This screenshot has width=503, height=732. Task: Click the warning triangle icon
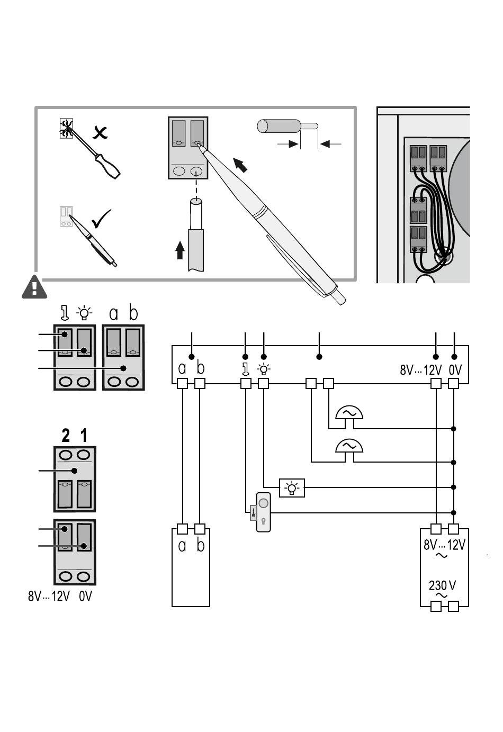[34, 287]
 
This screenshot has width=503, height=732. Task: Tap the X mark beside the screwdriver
[100, 132]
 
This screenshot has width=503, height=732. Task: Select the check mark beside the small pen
[101, 219]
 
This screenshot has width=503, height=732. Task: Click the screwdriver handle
[107, 166]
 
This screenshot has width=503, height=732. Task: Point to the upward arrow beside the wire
[180, 250]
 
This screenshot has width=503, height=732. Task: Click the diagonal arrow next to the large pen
[240, 165]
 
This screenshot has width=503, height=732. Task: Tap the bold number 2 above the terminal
[66, 436]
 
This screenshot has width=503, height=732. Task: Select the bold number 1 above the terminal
[84, 436]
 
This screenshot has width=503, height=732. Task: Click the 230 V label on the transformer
[442, 585]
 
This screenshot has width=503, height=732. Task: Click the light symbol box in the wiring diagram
[292, 488]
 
